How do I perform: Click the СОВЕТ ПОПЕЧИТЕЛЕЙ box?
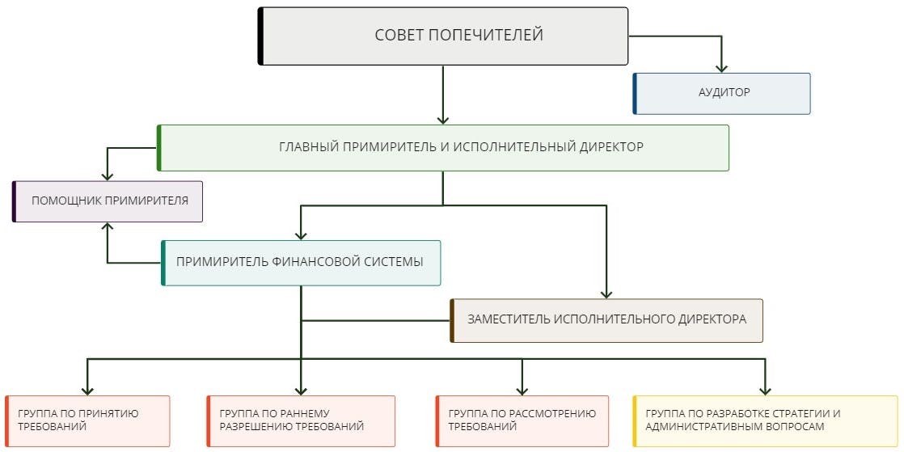click(x=443, y=36)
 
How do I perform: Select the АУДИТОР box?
click(x=721, y=93)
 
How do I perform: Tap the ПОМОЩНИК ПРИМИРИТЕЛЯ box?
click(x=108, y=201)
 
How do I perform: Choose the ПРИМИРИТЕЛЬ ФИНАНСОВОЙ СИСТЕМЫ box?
click(x=301, y=262)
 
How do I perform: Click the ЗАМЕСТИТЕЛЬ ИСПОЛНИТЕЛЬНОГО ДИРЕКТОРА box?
click(x=606, y=319)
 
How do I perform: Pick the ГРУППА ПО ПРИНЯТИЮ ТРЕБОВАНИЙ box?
click(x=87, y=420)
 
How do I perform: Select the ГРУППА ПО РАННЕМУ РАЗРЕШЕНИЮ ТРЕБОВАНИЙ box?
click(x=301, y=420)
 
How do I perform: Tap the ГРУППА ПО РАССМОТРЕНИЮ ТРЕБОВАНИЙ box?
click(x=522, y=420)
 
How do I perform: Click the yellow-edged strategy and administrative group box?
click(x=765, y=420)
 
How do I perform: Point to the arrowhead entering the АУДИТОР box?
click(x=721, y=67)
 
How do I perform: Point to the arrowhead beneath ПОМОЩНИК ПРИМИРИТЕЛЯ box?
click(x=108, y=228)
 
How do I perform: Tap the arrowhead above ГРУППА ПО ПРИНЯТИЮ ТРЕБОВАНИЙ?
click(x=87, y=389)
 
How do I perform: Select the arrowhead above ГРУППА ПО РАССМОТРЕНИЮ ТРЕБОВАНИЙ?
click(x=522, y=389)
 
